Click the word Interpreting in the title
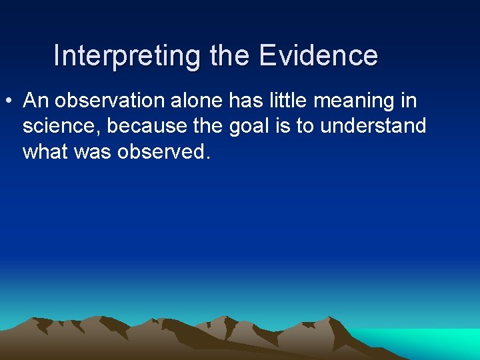(x=127, y=56)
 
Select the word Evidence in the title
(x=318, y=55)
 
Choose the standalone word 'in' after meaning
(x=409, y=101)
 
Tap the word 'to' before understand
(x=304, y=126)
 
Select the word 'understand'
(x=373, y=126)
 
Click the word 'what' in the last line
(x=44, y=151)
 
